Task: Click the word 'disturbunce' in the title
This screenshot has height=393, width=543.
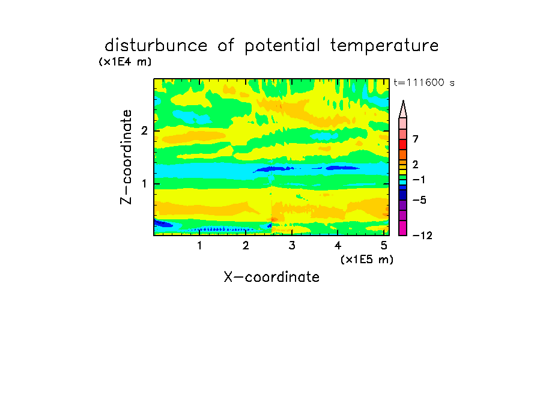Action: [156, 46]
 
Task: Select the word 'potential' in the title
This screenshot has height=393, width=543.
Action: [282, 46]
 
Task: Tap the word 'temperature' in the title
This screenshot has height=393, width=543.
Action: [384, 46]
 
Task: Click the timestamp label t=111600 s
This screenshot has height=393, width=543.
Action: [424, 82]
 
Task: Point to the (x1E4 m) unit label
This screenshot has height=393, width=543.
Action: [125, 62]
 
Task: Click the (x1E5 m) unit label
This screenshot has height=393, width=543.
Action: [367, 259]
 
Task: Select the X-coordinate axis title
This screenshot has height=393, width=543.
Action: [271, 277]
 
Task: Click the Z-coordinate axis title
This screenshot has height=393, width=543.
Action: [126, 157]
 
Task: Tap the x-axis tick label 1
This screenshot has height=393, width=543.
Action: [200, 246]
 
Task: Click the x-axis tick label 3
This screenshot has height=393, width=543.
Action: [292, 246]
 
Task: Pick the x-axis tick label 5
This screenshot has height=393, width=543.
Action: [384, 246]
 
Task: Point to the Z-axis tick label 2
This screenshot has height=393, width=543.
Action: [144, 130]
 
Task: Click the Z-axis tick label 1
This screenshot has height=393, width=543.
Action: [144, 184]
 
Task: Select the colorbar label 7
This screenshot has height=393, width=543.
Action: [416, 139]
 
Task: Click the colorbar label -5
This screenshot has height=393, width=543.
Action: [419, 200]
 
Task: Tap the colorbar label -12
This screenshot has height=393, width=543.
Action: [422, 236]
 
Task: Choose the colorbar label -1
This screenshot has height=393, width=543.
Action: [419, 180]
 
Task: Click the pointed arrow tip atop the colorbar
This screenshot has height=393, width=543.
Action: [403, 101]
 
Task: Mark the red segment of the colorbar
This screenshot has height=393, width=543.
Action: [403, 144]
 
